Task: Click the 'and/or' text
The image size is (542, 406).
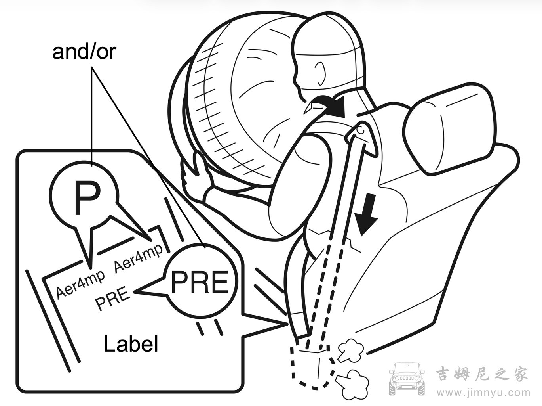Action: coord(84,52)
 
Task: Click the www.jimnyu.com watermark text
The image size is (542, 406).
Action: coord(483,393)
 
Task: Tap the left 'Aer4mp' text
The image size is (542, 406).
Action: coord(80,284)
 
